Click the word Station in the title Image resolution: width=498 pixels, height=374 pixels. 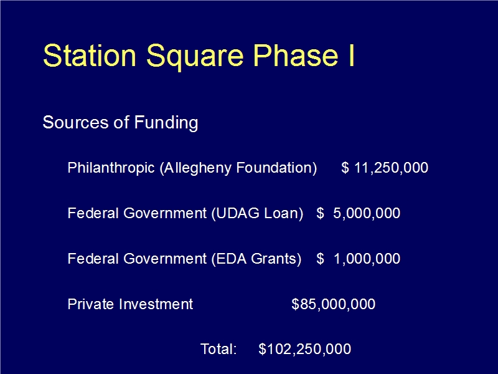pyautogui.click(x=90, y=55)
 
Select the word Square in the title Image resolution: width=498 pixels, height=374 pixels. pyautogui.click(x=194, y=57)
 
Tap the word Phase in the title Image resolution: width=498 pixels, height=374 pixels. pyautogui.click(x=295, y=55)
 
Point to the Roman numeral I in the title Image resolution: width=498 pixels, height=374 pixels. pyautogui.click(x=351, y=55)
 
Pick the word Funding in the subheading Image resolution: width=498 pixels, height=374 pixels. pyautogui.click(x=166, y=123)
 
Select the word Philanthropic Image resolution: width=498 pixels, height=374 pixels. pyautogui.click(x=111, y=168)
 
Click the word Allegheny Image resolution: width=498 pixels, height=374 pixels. pyautogui.click(x=197, y=168)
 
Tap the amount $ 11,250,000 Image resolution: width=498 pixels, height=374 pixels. pyautogui.click(x=385, y=168)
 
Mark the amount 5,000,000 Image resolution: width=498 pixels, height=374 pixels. pyautogui.click(x=367, y=213)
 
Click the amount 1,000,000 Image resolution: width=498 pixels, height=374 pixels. pyautogui.click(x=367, y=259)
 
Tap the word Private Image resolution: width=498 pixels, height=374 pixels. pyautogui.click(x=91, y=304)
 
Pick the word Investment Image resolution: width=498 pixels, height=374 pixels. pyautogui.click(x=156, y=304)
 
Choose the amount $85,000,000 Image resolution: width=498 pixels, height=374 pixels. pyautogui.click(x=333, y=304)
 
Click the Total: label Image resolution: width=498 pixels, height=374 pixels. pyautogui.click(x=218, y=349)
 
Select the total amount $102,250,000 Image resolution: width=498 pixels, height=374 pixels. pyautogui.click(x=304, y=349)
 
